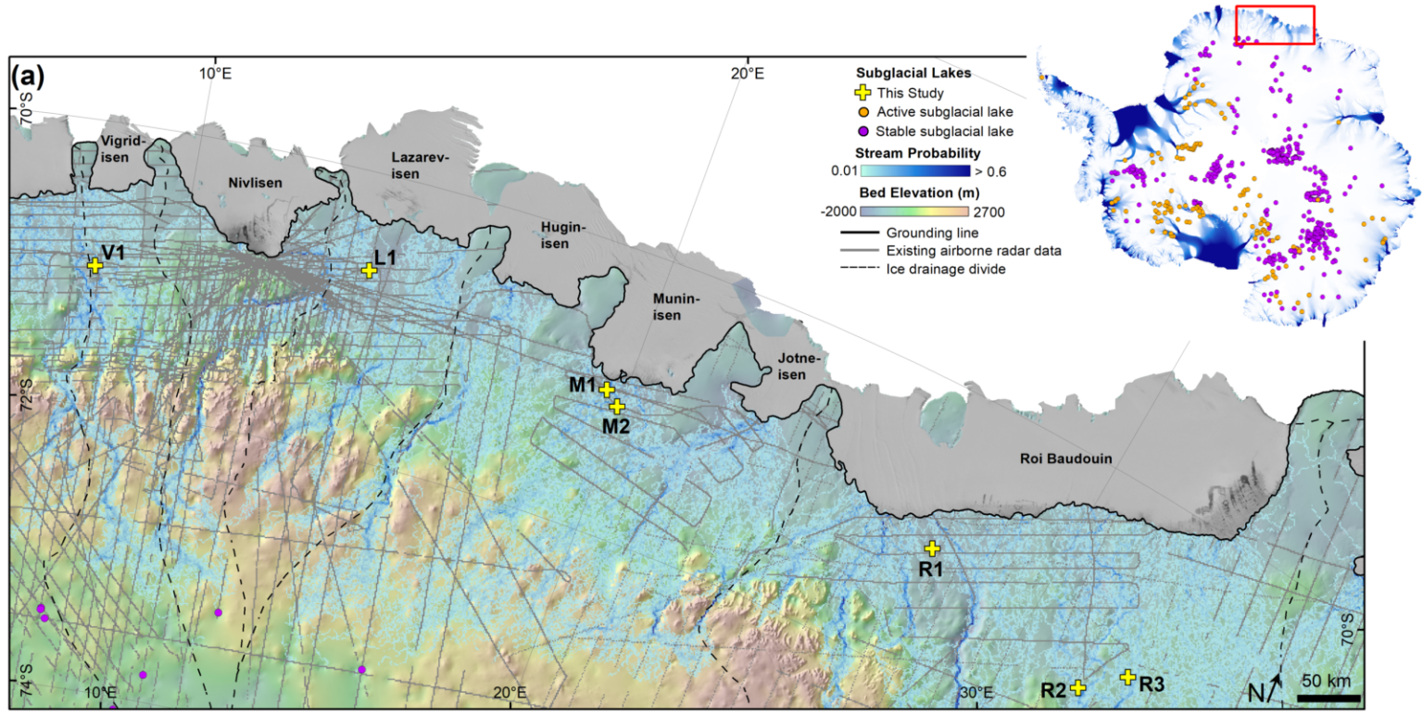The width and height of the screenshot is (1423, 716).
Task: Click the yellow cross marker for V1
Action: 94,265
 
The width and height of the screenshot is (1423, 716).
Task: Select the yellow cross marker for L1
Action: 369,270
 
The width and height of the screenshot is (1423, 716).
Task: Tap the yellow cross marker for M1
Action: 606,390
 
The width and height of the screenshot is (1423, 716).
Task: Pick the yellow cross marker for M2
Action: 617,406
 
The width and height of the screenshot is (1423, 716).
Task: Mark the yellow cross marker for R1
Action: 932,548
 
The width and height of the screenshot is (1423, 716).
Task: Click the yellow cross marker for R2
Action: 1077,687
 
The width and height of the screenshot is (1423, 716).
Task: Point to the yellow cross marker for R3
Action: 1127,677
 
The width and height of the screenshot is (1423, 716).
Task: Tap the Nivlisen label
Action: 254,182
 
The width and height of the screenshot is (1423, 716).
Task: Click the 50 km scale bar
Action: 1328,697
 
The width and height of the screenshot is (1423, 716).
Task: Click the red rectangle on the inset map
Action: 1274,24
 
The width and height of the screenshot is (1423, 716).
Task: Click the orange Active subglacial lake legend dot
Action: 863,112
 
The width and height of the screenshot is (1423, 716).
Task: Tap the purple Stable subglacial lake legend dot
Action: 863,131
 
